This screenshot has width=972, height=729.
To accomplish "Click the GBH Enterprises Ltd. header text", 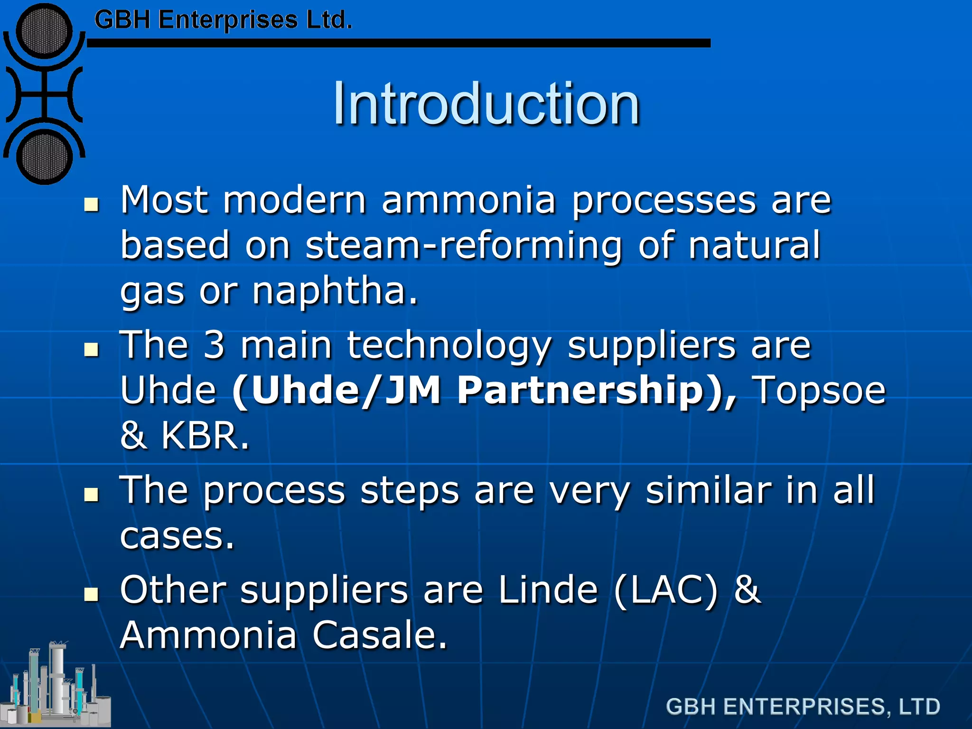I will (223, 20).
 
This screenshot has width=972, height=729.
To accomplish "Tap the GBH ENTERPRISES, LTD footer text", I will (803, 707).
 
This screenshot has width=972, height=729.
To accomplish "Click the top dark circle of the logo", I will (44, 32).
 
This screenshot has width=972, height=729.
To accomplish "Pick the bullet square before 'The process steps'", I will (91, 495).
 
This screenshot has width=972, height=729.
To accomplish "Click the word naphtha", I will (335, 290).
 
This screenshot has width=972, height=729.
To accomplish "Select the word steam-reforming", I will (463, 245).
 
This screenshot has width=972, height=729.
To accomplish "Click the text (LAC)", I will (666, 590).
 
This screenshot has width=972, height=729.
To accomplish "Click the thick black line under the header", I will (399, 43).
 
